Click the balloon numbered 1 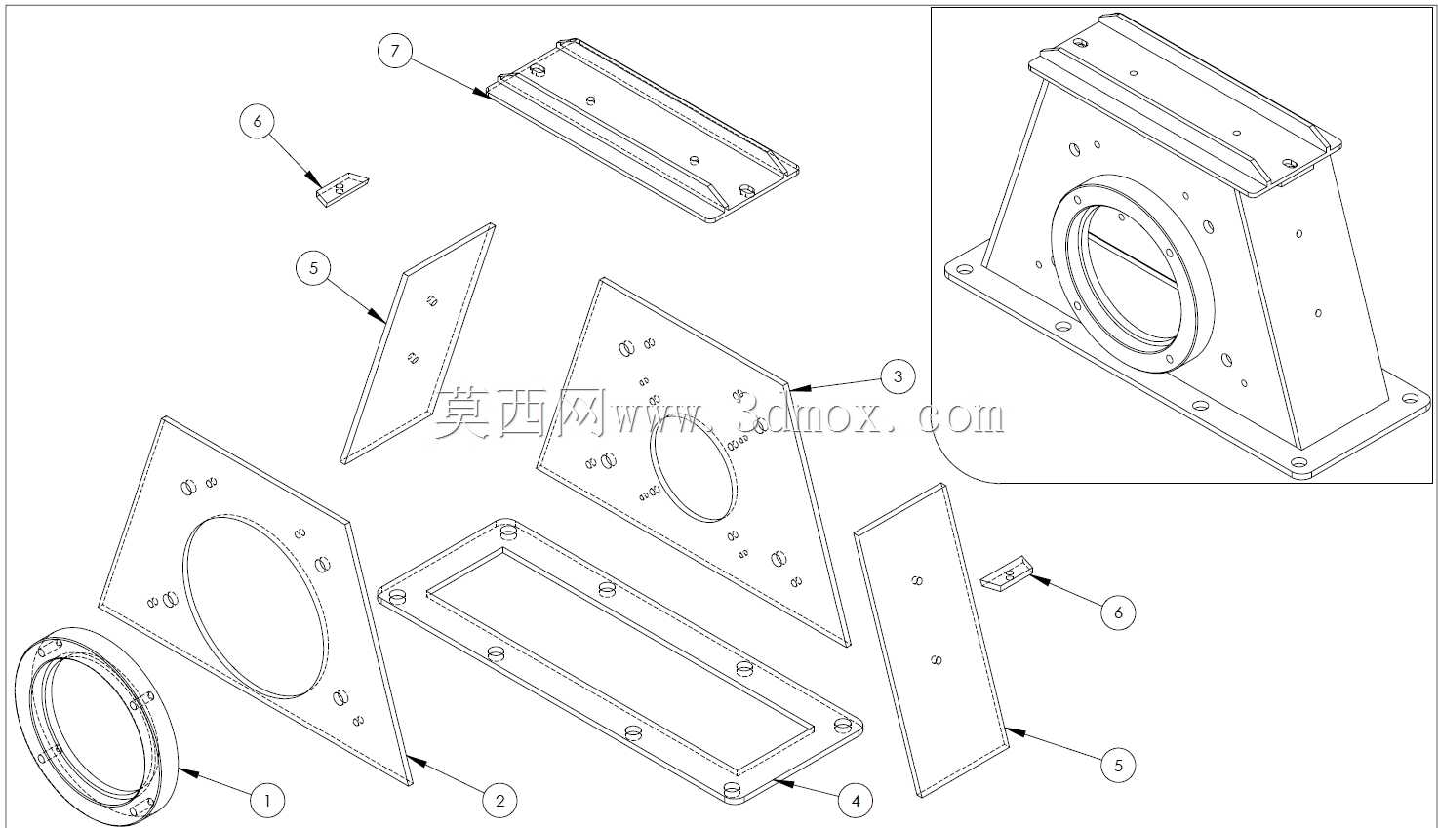pos(266,800)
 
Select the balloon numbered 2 pos(499,800)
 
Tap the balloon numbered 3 pos(898,376)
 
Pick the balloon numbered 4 pos(856,800)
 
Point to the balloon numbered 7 pos(395,50)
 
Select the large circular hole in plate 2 pos(256,606)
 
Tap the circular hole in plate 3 pos(692,468)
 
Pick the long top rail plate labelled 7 pos(642,131)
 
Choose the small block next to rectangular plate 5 pos(1005,572)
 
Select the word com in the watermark pos(960,417)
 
